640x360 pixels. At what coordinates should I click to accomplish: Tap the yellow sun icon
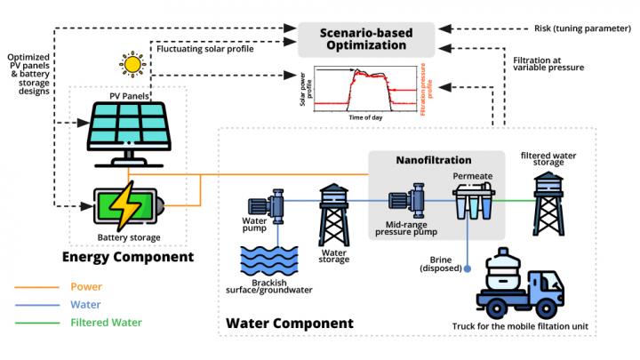click(x=133, y=65)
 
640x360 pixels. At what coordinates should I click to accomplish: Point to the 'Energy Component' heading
click(x=128, y=257)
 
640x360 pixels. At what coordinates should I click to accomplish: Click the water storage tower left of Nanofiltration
click(x=334, y=212)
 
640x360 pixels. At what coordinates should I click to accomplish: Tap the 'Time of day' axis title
click(x=365, y=117)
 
